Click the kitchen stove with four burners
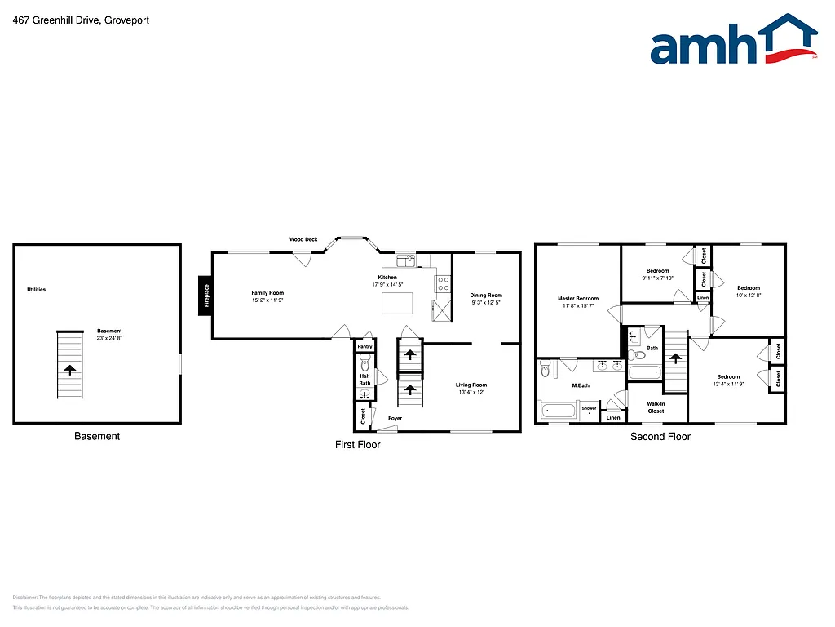[x=444, y=284]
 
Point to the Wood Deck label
[x=303, y=239]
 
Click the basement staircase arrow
[x=70, y=369]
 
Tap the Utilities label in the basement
[x=36, y=290]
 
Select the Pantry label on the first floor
[x=364, y=347]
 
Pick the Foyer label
[x=395, y=419]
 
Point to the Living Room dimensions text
[x=472, y=393]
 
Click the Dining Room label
[x=486, y=296]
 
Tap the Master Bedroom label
[x=578, y=299]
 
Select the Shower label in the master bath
[x=589, y=408]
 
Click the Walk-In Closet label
[x=656, y=407]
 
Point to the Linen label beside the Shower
[x=613, y=418]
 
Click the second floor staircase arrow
[x=674, y=357]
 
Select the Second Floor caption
[x=660, y=437]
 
